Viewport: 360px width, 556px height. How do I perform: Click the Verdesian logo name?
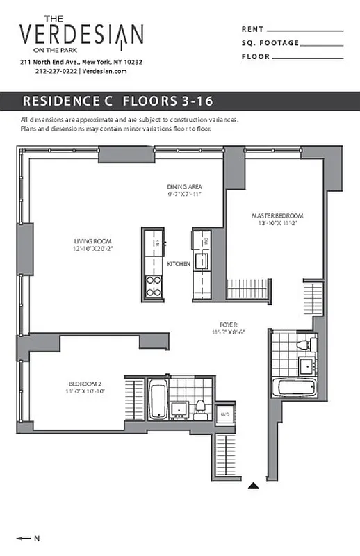pyautogui.click(x=81, y=35)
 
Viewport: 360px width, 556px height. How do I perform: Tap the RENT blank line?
pyautogui.click(x=305, y=31)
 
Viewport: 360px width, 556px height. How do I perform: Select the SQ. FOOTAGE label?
pyautogui.click(x=270, y=43)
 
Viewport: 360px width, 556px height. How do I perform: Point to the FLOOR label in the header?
pyautogui.click(x=255, y=56)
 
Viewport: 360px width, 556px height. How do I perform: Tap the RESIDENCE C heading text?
pyautogui.click(x=69, y=101)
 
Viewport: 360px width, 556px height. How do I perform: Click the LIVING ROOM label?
pyautogui.click(x=93, y=242)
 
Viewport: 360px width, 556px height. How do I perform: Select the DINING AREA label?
pyautogui.click(x=184, y=186)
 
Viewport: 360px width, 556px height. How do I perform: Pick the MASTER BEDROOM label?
pyautogui.click(x=277, y=216)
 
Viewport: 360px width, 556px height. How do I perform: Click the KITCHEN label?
pyautogui.click(x=179, y=264)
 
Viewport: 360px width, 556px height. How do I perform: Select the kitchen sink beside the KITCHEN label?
pyautogui.click(x=202, y=261)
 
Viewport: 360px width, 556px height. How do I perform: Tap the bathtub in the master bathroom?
pyautogui.click(x=294, y=388)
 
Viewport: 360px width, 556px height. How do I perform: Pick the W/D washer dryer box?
pyautogui.click(x=224, y=414)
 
